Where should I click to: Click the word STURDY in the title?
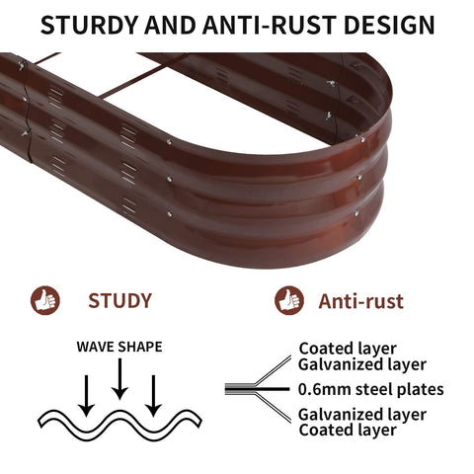89,25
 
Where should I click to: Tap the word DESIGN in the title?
389,25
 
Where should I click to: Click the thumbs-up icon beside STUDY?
45,300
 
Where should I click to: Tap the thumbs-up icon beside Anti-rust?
289,300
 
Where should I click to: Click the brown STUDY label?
119,300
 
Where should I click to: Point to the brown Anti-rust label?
360,301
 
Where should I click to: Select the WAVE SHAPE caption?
119,347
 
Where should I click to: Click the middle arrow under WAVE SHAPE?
119,378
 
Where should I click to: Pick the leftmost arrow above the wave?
87,396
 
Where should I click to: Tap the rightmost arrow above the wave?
153,396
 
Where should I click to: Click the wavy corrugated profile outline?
119,424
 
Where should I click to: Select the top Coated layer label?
348,349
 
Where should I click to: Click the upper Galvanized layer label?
362,364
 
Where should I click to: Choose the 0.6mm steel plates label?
371,389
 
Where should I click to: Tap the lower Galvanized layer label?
362,415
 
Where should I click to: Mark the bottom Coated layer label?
348,431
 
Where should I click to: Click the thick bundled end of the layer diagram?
240,389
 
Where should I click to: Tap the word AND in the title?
170,25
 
